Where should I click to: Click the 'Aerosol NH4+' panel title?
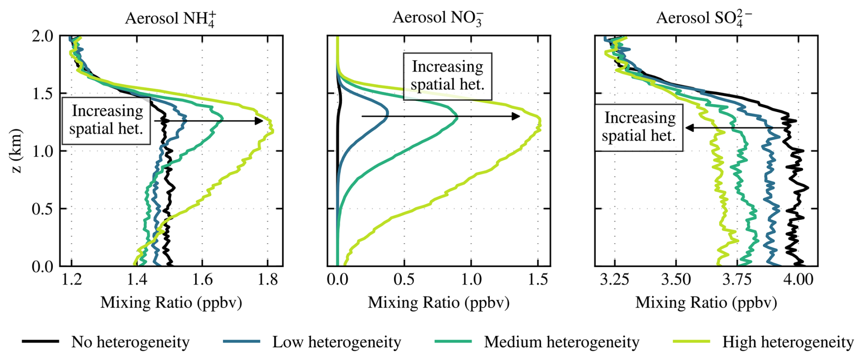171,18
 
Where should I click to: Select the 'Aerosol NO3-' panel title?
438,18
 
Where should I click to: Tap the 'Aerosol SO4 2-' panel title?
704,18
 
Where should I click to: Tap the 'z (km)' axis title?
16,151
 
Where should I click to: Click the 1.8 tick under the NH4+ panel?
268,279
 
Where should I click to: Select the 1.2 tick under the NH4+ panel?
72,279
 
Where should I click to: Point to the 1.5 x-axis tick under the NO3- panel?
538,279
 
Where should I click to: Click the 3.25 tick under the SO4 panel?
615,279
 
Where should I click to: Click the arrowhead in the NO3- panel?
516,116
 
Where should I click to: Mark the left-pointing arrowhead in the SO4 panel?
690,128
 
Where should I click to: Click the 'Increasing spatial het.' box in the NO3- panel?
447,76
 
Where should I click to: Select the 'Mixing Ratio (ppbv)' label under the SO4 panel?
706,302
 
